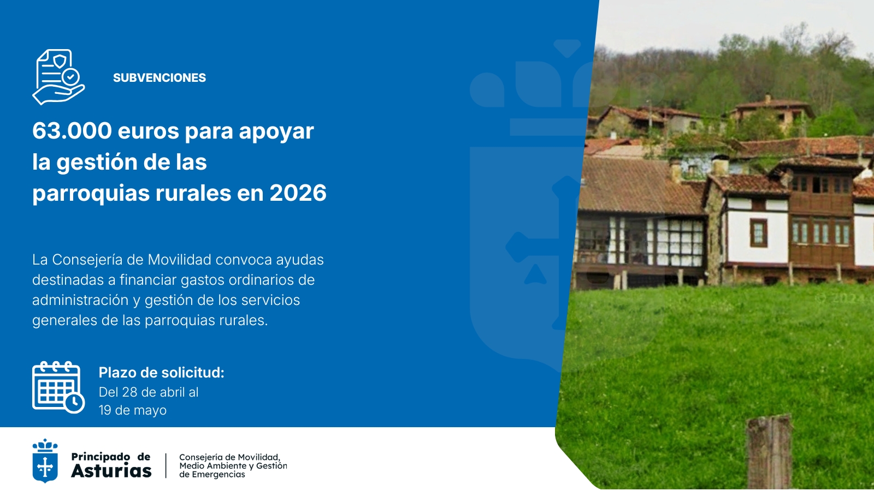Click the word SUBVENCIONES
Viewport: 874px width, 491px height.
[160, 78]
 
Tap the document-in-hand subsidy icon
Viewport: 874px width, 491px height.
[58, 77]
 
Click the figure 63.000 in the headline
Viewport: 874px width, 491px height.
[72, 131]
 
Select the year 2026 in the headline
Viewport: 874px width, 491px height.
[298, 193]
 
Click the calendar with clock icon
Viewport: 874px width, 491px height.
[58, 387]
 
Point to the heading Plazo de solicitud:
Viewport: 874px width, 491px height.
[161, 373]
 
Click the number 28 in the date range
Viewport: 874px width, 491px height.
[129, 392]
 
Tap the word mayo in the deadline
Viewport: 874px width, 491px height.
[149, 410]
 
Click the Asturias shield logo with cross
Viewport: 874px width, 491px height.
[45, 462]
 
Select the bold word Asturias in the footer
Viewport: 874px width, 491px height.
[111, 471]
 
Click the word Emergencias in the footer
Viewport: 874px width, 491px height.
[218, 475]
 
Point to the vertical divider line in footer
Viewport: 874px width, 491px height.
[166, 465]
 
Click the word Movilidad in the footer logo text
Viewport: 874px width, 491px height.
[258, 457]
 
